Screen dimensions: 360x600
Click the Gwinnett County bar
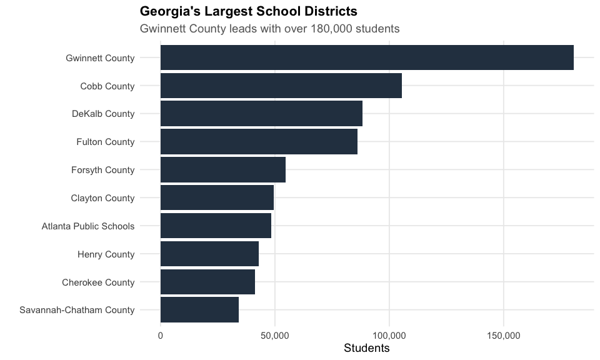pos(367,57)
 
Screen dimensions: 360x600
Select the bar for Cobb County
pos(281,86)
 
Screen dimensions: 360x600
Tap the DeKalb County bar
pos(261,114)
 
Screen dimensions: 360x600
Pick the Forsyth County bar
pos(223,169)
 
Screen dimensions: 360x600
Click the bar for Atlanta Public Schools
pos(216,226)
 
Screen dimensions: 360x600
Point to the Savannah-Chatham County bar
pos(199,310)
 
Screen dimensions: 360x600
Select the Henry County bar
pos(209,254)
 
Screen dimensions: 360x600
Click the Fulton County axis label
pos(105,142)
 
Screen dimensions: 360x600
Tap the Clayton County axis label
pos(102,198)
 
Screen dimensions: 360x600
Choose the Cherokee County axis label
pos(98,282)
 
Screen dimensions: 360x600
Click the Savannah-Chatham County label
pos(77,310)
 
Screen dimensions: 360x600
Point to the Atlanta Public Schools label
pos(87,226)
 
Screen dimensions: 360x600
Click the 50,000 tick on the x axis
pos(274,336)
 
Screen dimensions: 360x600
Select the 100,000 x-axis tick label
pos(389,336)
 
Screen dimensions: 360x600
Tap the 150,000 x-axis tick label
pos(504,336)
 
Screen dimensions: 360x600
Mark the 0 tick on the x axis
pos(161,336)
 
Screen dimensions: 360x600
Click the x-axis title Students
pos(367,348)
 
